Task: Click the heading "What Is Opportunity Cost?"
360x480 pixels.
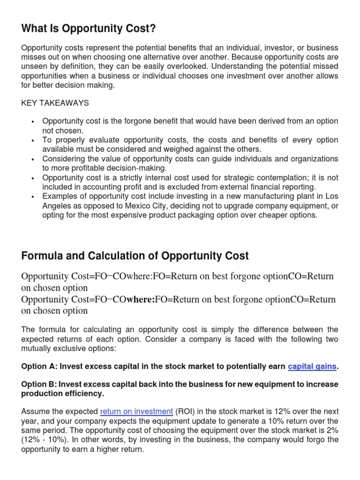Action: [89, 29]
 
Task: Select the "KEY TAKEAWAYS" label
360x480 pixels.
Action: [55, 103]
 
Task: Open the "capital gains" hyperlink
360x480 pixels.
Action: [312, 366]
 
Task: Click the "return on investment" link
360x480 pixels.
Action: [136, 412]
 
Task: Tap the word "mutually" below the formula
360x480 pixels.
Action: [36, 348]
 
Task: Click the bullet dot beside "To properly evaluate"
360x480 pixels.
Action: [33, 141]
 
